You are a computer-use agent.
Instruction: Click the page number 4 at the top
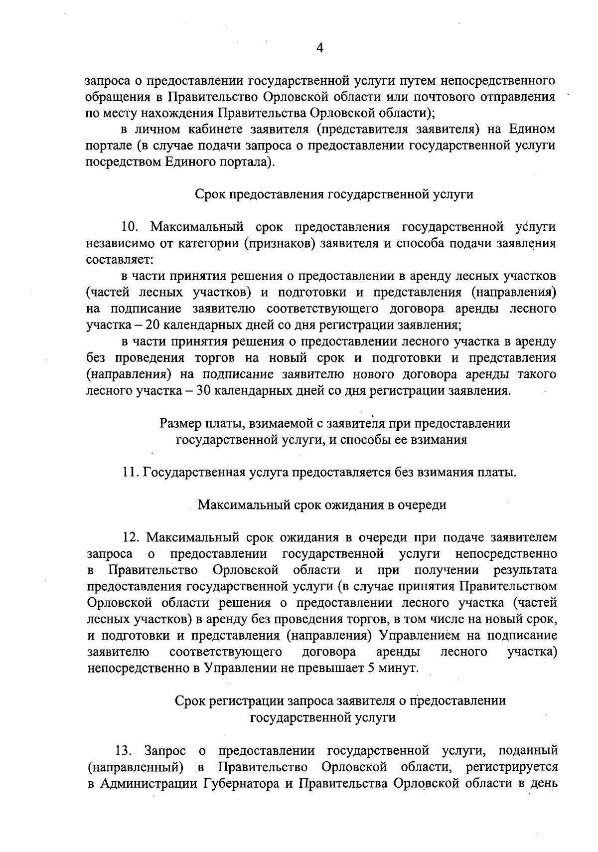pos(320,48)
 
